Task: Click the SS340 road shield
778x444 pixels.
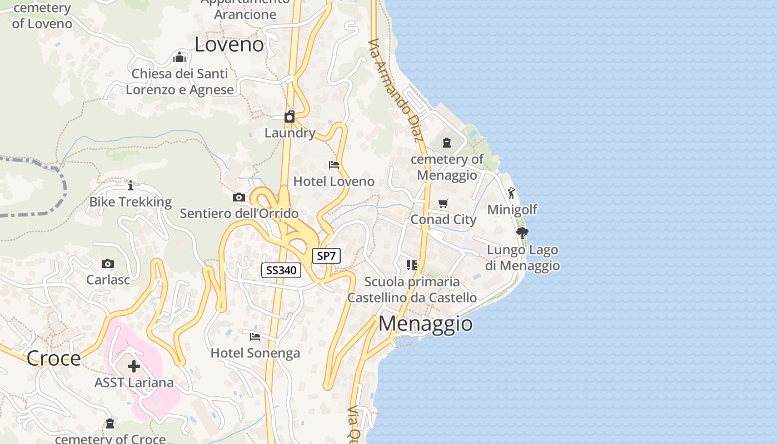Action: click(281, 270)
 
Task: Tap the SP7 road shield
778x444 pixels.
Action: click(326, 256)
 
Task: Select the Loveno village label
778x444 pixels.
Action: click(229, 44)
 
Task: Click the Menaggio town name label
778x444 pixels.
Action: click(425, 323)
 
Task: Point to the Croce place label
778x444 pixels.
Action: click(54, 358)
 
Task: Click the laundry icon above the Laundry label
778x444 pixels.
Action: click(290, 117)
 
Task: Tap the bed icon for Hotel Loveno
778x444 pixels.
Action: click(334, 165)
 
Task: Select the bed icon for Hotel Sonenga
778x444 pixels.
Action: click(255, 336)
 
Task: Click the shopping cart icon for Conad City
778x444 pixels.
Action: click(443, 204)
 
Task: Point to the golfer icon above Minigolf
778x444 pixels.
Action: click(511, 193)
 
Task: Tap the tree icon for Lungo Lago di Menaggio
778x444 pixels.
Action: click(522, 233)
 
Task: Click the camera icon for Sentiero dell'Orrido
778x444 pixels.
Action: click(239, 197)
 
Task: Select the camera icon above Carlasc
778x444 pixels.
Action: click(108, 264)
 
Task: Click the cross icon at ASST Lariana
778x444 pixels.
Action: click(134, 366)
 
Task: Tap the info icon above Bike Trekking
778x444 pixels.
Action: click(131, 185)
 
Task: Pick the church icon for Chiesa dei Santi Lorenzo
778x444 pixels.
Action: click(179, 57)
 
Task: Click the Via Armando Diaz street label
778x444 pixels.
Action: click(396, 90)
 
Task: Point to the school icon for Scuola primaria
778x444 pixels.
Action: click(412, 265)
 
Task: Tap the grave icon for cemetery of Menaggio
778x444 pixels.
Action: click(446, 143)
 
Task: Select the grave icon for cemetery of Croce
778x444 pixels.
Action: click(110, 423)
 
